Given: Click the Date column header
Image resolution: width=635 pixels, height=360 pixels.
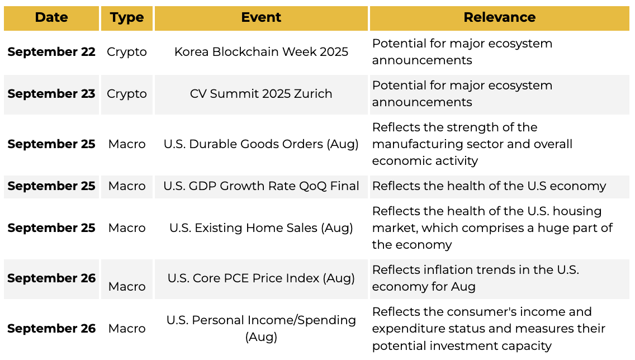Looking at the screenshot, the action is click(x=51, y=17).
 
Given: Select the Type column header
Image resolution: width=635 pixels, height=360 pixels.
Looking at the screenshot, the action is click(x=127, y=18).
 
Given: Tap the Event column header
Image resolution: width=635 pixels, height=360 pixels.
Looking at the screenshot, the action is click(x=261, y=17).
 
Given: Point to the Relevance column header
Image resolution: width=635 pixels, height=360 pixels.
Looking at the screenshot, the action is click(x=499, y=17).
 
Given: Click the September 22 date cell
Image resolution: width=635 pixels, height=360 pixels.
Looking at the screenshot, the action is click(x=51, y=52).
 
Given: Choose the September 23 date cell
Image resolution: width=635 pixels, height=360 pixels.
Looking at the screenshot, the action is click(x=51, y=93).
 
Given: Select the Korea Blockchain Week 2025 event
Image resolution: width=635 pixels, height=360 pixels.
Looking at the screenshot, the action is click(x=261, y=52).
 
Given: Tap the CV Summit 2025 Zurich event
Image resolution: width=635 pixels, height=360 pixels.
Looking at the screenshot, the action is click(x=261, y=93).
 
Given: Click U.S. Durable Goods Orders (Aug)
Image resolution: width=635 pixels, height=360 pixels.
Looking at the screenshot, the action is click(x=261, y=144).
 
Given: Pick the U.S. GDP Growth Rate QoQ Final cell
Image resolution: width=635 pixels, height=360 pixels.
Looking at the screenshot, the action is click(x=261, y=186).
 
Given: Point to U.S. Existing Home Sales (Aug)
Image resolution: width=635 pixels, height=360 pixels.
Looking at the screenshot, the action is click(x=261, y=228).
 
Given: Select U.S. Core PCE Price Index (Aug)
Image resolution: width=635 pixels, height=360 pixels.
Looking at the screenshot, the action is click(x=261, y=278).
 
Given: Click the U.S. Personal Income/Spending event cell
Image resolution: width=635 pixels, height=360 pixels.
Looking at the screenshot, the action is click(x=261, y=328).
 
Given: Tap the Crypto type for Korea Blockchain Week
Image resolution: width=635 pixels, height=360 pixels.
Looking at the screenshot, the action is click(x=127, y=52).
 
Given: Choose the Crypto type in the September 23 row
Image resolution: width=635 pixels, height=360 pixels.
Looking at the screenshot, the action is click(x=127, y=94).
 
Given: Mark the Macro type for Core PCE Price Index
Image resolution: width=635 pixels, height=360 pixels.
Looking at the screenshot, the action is click(x=127, y=286).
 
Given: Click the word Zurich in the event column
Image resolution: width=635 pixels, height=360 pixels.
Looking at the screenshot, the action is click(x=313, y=93).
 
